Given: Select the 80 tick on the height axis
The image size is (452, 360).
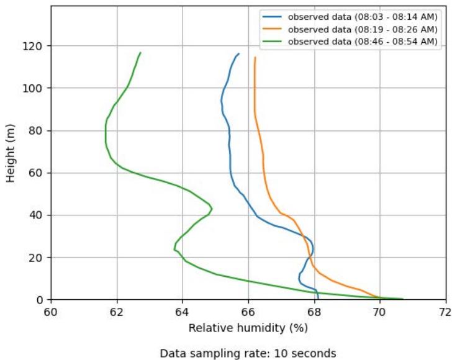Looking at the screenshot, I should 39,130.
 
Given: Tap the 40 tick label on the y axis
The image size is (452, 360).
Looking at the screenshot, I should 39,215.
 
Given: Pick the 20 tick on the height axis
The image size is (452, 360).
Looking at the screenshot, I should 39,257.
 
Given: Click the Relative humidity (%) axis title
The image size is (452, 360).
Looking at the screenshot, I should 248,326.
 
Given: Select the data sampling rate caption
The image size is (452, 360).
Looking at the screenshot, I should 248,353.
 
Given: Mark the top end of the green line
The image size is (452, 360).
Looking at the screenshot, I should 140,53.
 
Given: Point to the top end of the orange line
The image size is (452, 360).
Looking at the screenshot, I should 255,57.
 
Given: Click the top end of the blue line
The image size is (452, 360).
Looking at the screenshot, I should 238,53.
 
